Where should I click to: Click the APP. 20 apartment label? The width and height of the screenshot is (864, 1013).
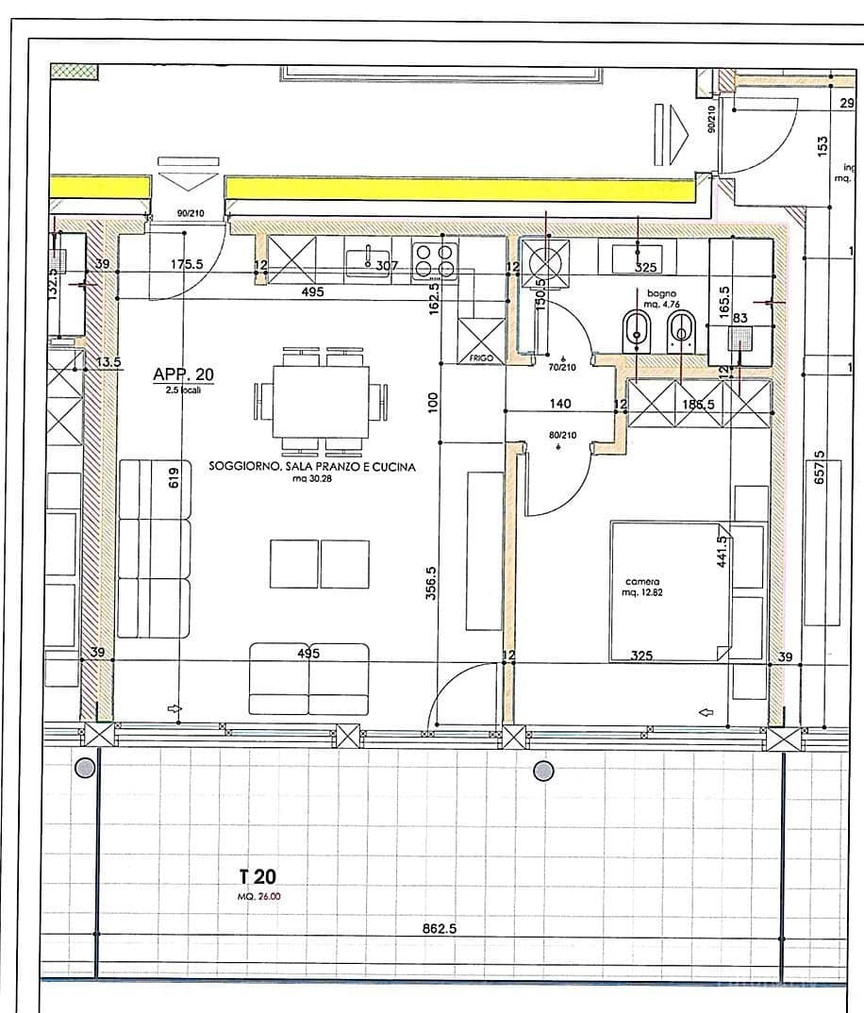pos(183,374)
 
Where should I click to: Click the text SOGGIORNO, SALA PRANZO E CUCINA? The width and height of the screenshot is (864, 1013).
pos(311,466)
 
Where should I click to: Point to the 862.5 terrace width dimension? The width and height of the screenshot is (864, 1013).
pos(439,928)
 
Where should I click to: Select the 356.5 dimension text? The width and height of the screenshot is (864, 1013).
pos(431,583)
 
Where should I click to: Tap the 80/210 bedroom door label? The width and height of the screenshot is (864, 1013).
pos(562,436)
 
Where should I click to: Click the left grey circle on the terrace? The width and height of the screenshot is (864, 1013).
pos(85,768)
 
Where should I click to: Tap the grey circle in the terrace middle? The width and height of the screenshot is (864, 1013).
pos(543,772)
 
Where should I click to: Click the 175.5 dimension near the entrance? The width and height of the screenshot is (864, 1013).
pos(188,266)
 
